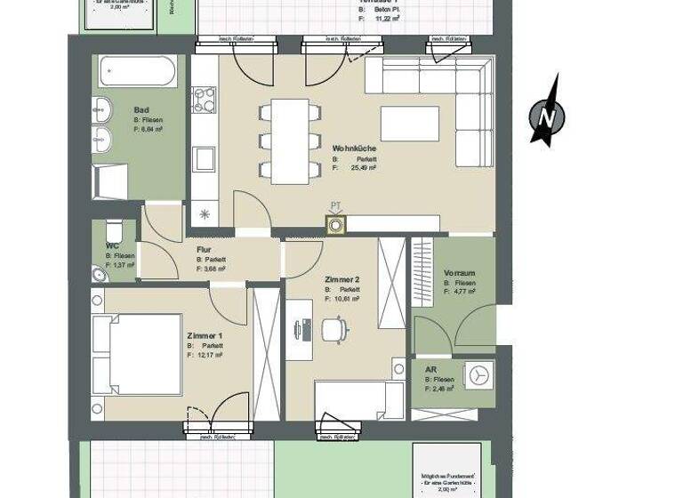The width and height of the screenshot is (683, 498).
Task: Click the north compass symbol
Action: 548,114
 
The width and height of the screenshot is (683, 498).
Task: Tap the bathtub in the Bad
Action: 137,71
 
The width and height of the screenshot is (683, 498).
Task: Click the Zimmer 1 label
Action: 205,335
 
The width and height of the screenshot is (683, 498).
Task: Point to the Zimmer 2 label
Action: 342,279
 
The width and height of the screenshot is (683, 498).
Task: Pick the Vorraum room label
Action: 459,273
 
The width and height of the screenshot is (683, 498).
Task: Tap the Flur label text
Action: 204,250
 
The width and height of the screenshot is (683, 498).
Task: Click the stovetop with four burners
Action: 205,100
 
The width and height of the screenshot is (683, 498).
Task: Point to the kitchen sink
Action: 205,159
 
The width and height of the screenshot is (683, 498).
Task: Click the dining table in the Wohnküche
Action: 290,141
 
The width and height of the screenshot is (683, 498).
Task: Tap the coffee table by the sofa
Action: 409,124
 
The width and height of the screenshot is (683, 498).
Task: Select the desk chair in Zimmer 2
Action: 333,329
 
